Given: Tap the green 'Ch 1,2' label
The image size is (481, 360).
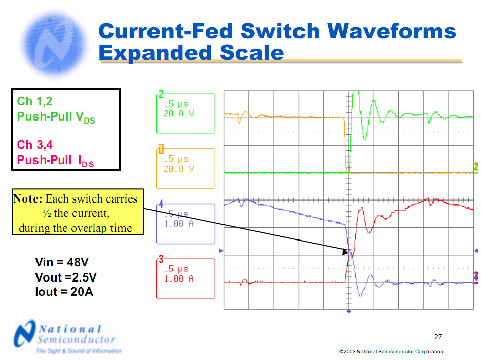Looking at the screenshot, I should click(34, 102).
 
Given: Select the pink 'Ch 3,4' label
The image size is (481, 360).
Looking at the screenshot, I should click(34, 145).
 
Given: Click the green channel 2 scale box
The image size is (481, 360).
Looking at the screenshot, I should click(186, 114).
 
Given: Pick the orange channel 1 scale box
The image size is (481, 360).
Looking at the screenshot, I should click(186, 169).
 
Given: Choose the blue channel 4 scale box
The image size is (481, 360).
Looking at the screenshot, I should click(186, 223).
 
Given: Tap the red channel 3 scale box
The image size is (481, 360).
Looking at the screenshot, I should click(186, 278).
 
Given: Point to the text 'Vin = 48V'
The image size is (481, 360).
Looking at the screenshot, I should click(62, 262).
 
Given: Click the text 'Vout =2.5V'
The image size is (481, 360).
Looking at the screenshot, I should click(66, 277).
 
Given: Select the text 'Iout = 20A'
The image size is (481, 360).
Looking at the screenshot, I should click(64, 291).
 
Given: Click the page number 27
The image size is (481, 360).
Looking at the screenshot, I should click(438, 337).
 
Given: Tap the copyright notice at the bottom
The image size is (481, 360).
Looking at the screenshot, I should click(391, 352).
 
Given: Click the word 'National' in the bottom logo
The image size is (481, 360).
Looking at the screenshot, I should click(71, 329).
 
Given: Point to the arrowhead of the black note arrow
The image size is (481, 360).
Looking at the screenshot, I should click(348, 251).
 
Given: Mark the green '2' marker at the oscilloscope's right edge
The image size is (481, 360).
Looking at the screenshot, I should click(476, 167).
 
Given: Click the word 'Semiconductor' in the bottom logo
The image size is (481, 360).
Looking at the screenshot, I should click(76, 340).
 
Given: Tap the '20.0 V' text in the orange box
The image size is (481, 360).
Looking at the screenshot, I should click(178, 169).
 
